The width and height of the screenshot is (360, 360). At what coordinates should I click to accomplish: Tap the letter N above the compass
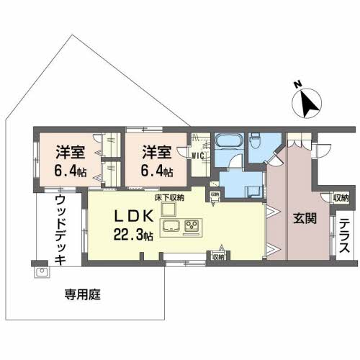tap(296, 84)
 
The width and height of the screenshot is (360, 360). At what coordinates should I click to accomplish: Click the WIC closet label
tap(197, 153)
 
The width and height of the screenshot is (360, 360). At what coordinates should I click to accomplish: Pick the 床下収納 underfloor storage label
tap(169, 197)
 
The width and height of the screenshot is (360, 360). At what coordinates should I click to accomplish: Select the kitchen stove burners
tap(192, 228)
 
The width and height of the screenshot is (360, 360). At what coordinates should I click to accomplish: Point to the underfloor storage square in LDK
tap(168, 208)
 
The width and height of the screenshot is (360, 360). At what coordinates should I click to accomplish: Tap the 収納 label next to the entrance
tap(340, 197)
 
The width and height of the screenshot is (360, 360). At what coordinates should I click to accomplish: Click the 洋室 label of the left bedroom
tap(71, 153)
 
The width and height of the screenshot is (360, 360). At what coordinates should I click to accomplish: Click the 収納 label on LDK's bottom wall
tap(218, 255)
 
